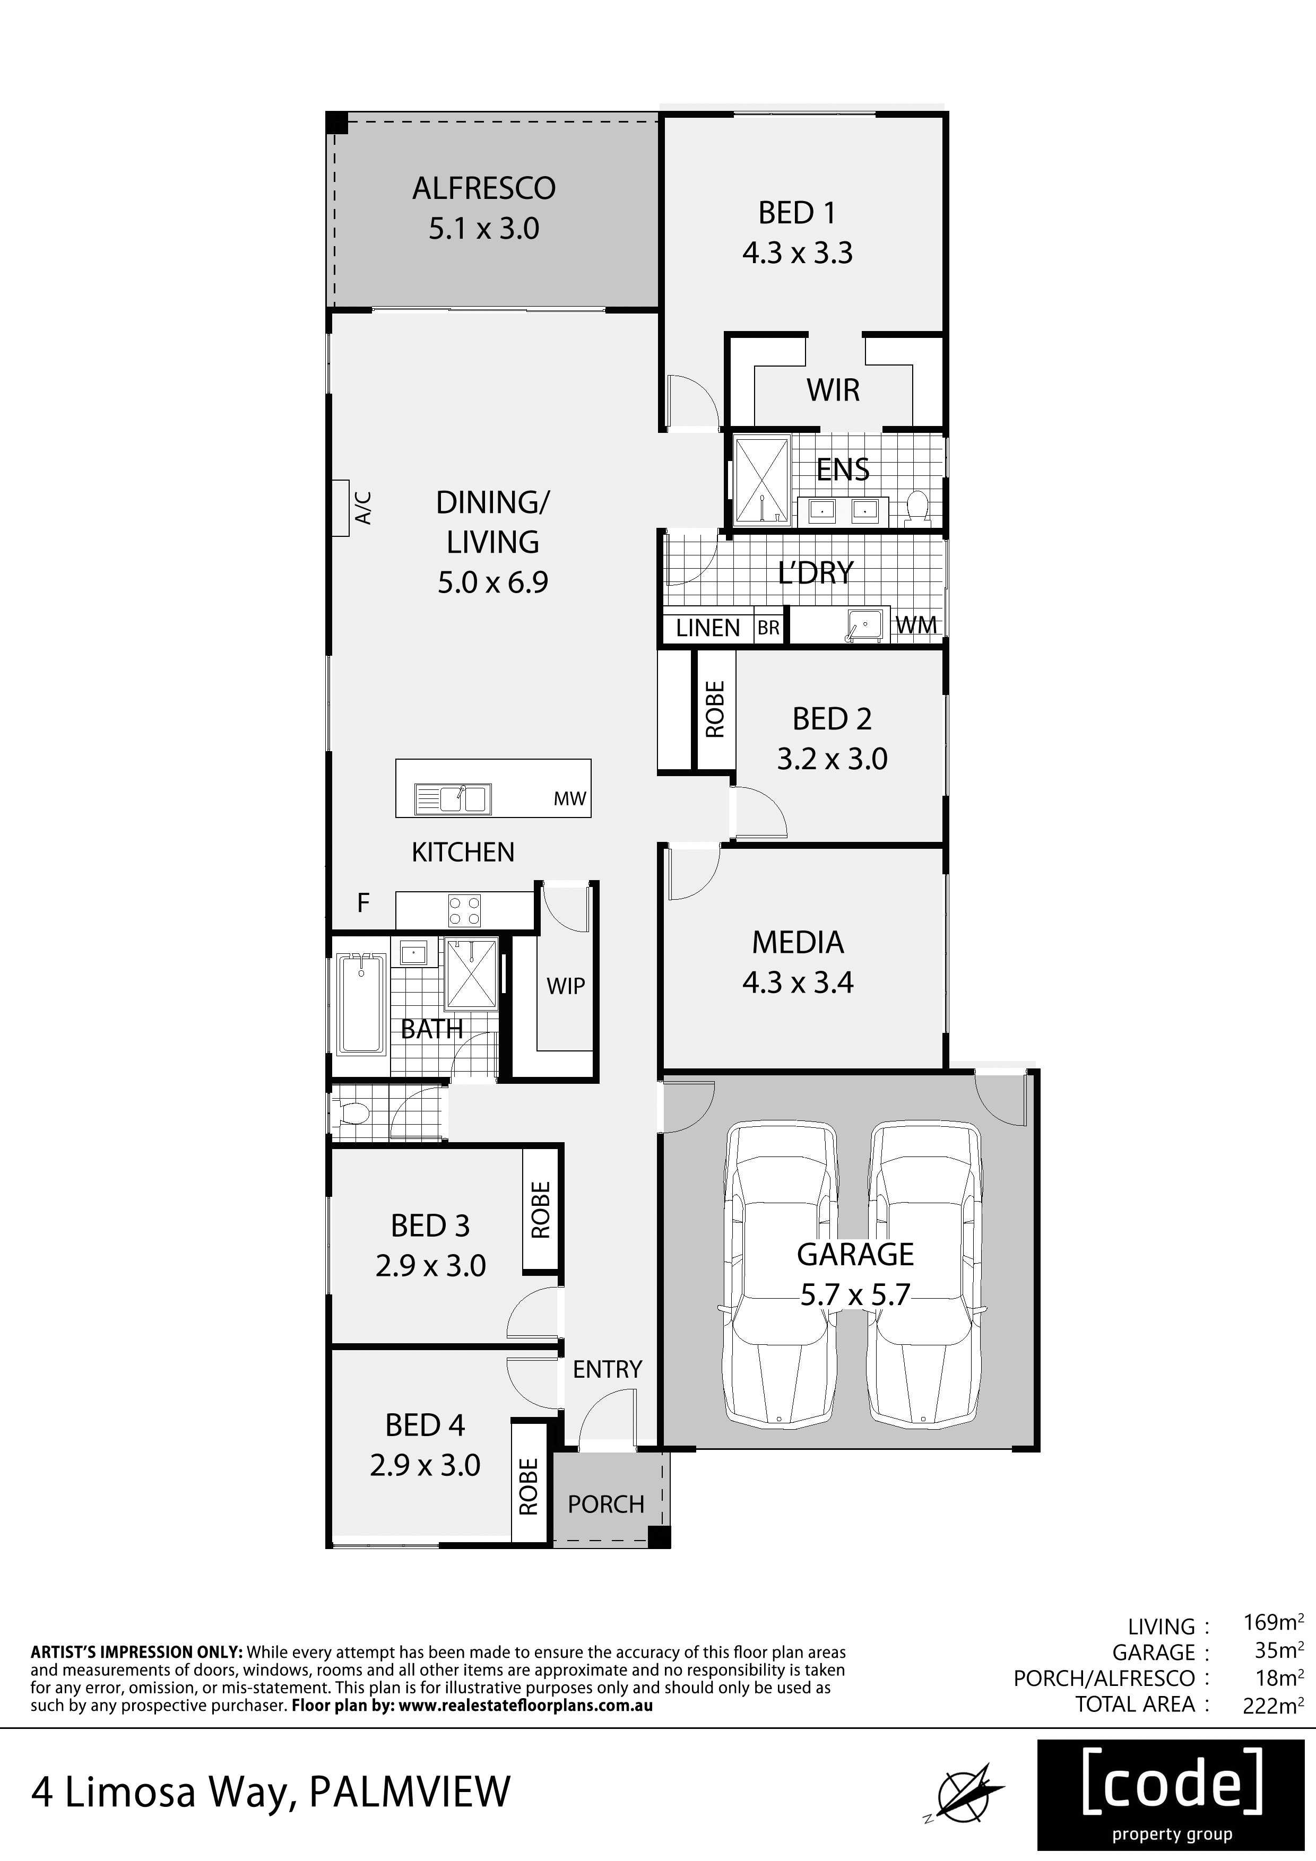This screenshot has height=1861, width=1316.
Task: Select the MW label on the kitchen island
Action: tap(569, 798)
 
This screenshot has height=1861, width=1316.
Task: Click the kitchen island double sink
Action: tap(453, 799)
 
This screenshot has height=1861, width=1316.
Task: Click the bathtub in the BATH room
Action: tap(362, 1005)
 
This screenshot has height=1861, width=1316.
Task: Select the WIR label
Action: tap(833, 390)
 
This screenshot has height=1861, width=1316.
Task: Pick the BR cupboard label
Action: tap(769, 628)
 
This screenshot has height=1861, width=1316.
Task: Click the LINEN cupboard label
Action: tap(708, 628)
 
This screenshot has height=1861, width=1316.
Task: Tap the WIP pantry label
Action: tap(566, 986)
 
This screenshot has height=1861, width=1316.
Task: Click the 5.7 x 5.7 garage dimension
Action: tap(855, 1294)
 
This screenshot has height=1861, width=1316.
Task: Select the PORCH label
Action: tap(605, 1505)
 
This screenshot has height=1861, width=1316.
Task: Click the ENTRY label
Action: tap(607, 1369)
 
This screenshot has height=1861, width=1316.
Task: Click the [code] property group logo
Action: tap(1172, 1795)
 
